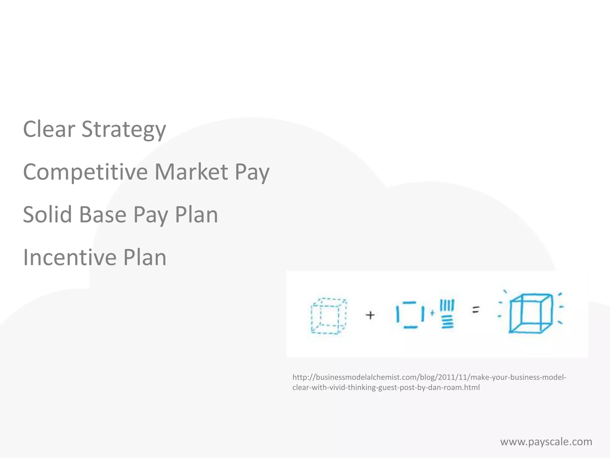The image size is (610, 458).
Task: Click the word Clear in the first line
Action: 49,129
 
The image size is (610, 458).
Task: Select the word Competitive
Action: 85,172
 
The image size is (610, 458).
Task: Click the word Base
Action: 103,215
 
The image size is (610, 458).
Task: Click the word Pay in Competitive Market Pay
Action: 252,172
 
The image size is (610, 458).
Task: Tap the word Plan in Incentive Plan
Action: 145,257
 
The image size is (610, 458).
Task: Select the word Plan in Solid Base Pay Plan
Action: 196,215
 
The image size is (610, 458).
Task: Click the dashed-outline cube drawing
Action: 329,316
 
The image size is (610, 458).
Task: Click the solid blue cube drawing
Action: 530,313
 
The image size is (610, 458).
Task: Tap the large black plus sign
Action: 370,315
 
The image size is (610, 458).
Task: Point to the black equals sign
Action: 476,310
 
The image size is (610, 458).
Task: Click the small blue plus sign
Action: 432,313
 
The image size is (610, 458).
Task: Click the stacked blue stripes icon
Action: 447,314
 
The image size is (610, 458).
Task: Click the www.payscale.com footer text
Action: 546,442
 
